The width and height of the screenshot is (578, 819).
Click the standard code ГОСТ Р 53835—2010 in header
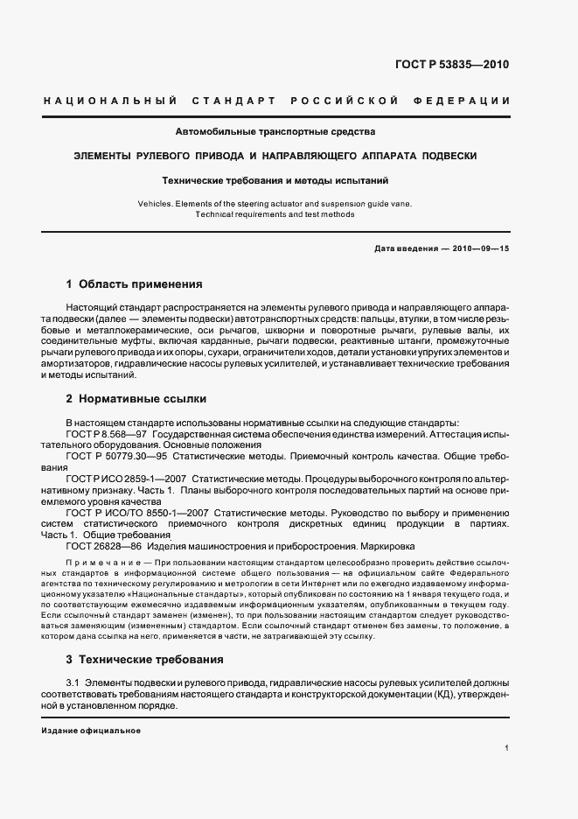click(x=452, y=64)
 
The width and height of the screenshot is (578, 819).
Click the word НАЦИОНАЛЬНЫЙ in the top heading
click(x=110, y=101)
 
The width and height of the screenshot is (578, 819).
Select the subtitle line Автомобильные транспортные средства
click(x=275, y=133)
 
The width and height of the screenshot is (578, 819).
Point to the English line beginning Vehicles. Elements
click(x=275, y=203)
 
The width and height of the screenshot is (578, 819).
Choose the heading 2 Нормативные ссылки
click(x=136, y=399)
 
